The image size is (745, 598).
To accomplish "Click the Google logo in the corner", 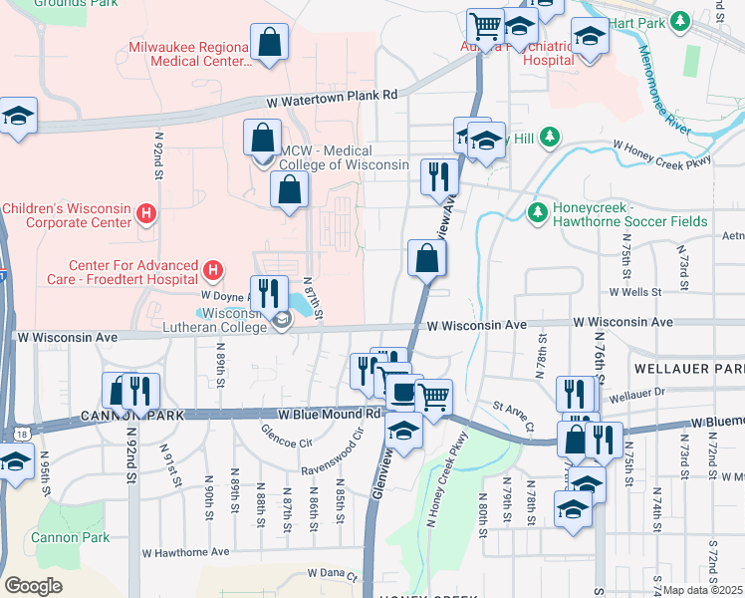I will click(33, 586).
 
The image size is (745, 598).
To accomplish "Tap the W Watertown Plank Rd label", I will click(332, 96).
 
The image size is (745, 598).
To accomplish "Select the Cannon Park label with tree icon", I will click(70, 537).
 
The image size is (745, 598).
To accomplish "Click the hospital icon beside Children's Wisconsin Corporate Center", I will click(147, 212).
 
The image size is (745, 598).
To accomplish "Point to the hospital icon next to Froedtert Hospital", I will click(212, 270).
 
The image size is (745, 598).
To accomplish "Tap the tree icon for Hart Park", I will click(680, 20).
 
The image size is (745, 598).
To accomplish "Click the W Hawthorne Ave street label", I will click(185, 551).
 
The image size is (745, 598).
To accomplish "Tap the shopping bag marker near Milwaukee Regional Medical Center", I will click(269, 43).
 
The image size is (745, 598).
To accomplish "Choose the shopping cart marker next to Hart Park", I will click(485, 24).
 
